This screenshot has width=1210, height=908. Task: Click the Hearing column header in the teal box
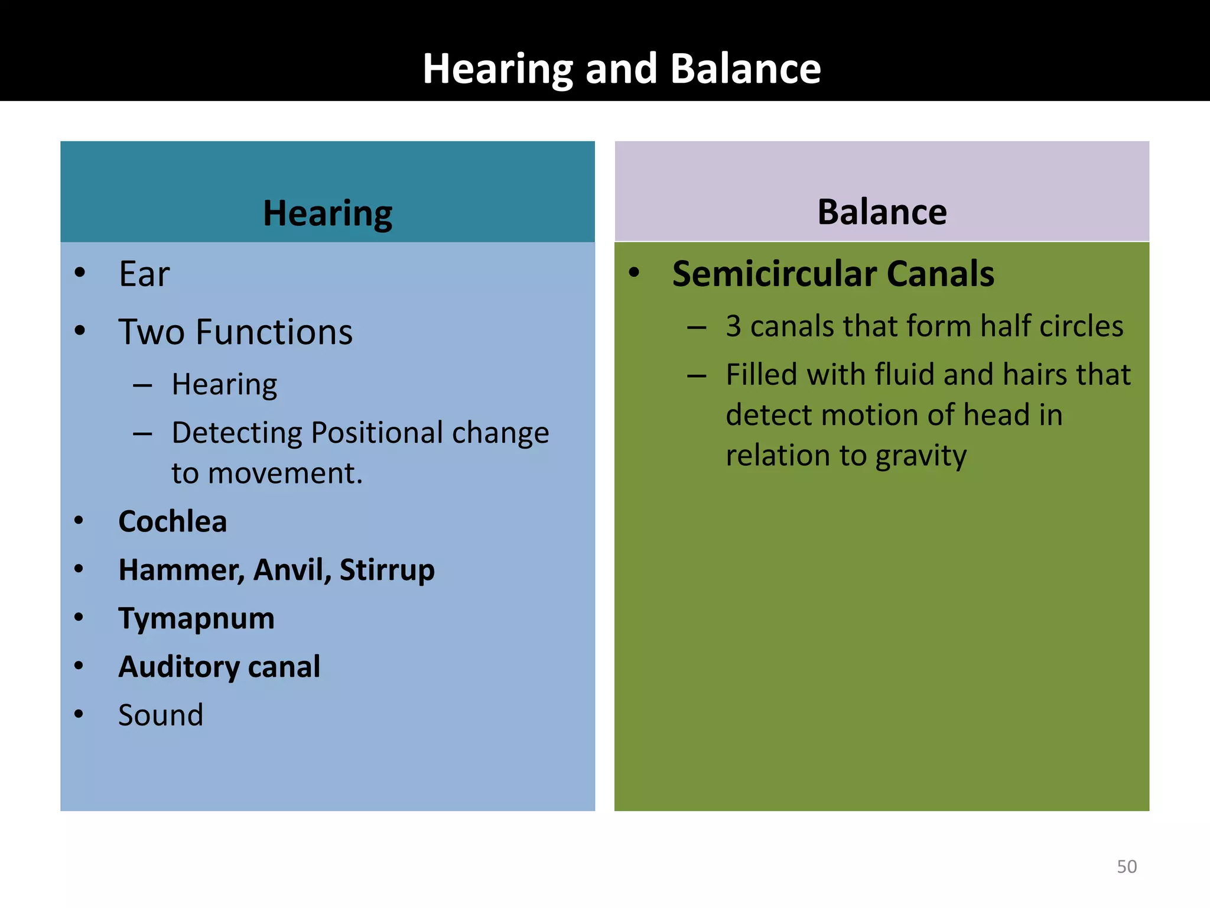tap(327, 213)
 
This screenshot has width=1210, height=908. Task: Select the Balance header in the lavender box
tap(882, 212)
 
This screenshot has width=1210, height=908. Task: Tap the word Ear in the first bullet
tap(144, 274)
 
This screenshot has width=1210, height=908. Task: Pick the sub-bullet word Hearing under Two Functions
tap(224, 385)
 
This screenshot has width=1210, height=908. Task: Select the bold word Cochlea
tap(173, 522)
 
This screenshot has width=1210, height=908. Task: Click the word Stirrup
tap(387, 570)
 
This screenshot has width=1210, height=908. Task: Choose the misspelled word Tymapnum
tap(196, 619)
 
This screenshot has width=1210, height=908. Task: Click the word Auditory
tap(178, 667)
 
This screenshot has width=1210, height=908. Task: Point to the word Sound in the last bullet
tap(161, 715)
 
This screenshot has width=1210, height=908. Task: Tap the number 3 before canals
tap(733, 326)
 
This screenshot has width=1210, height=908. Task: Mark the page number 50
tap(1126, 867)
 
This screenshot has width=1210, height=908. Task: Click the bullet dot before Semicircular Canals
tap(634, 273)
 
